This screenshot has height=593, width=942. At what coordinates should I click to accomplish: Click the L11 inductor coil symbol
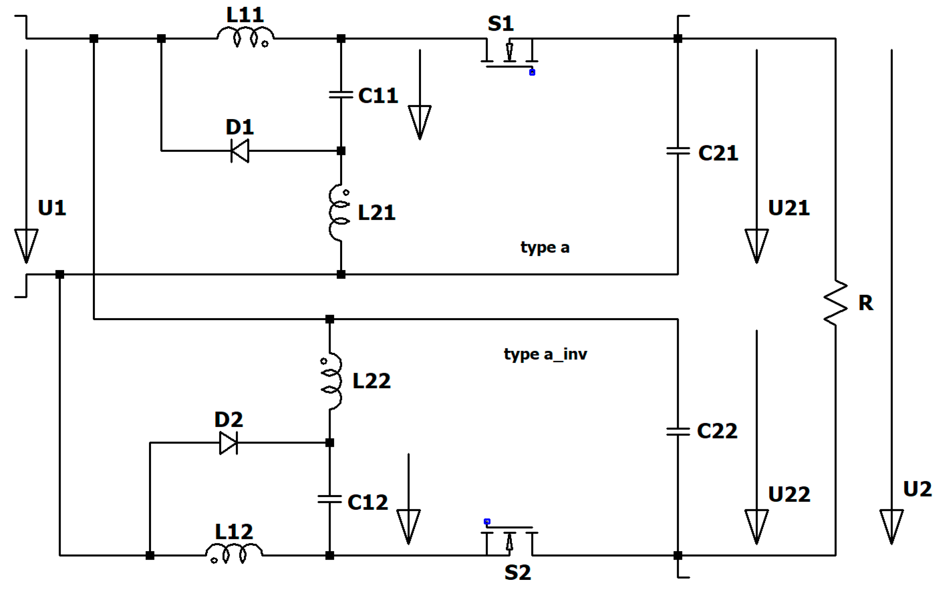[245, 37]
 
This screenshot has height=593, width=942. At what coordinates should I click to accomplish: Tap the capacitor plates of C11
[341, 95]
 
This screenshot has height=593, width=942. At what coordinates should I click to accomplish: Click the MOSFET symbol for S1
[509, 54]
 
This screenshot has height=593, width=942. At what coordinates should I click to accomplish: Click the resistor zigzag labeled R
[835, 303]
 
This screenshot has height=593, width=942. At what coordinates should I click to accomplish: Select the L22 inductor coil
[332, 381]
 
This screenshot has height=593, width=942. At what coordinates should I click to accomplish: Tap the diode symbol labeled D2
[229, 443]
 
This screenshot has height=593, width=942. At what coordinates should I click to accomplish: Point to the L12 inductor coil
[234, 553]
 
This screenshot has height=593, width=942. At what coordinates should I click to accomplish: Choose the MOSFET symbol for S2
[509, 540]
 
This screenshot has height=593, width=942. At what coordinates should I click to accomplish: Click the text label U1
[52, 208]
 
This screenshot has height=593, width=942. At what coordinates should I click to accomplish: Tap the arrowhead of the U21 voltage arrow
[756, 245]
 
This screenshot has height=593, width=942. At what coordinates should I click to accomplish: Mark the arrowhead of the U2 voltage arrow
[891, 526]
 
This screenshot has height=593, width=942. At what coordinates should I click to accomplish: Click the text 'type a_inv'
[545, 354]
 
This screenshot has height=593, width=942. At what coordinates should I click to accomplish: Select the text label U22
[789, 494]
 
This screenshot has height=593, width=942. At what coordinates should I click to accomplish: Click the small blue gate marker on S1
[532, 72]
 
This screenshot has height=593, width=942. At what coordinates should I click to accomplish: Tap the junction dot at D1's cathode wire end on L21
[341, 151]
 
